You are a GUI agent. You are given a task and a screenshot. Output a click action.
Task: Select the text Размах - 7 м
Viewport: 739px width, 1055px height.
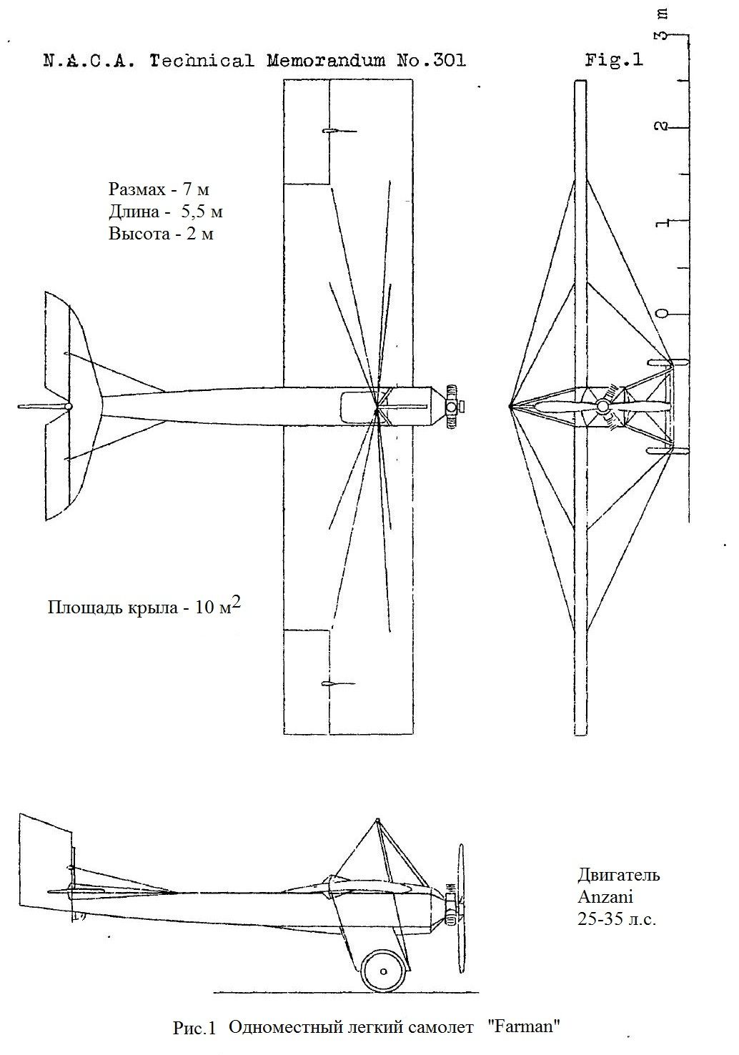click(159, 190)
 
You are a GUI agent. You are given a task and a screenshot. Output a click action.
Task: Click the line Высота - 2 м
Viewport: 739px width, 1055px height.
click(161, 234)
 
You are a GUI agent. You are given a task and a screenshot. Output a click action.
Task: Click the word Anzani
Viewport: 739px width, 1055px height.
click(605, 896)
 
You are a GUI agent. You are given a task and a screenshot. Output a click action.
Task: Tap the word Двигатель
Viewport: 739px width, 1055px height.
click(618, 875)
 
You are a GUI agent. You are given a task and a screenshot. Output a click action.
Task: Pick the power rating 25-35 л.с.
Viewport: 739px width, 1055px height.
click(616, 918)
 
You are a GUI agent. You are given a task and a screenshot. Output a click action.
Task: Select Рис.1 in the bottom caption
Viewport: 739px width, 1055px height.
click(194, 1029)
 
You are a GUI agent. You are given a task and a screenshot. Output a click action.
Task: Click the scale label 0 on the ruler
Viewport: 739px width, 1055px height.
click(663, 314)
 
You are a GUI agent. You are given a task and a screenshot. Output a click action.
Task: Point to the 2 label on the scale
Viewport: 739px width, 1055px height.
click(663, 127)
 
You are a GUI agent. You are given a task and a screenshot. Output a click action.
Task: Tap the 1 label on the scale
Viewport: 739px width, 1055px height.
click(663, 222)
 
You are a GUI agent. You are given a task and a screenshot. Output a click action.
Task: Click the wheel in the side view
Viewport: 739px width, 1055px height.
click(384, 971)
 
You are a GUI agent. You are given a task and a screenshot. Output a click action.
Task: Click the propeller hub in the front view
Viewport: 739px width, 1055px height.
click(602, 407)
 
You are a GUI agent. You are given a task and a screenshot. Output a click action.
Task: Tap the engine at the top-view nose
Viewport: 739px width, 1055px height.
click(452, 407)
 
